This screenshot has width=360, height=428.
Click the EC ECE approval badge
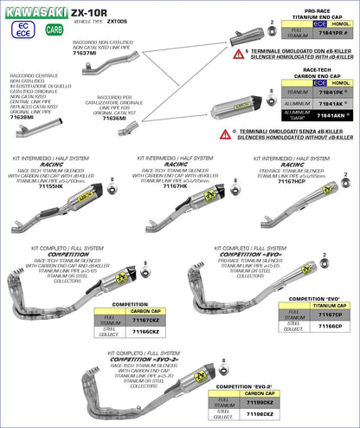tap(22, 29)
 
